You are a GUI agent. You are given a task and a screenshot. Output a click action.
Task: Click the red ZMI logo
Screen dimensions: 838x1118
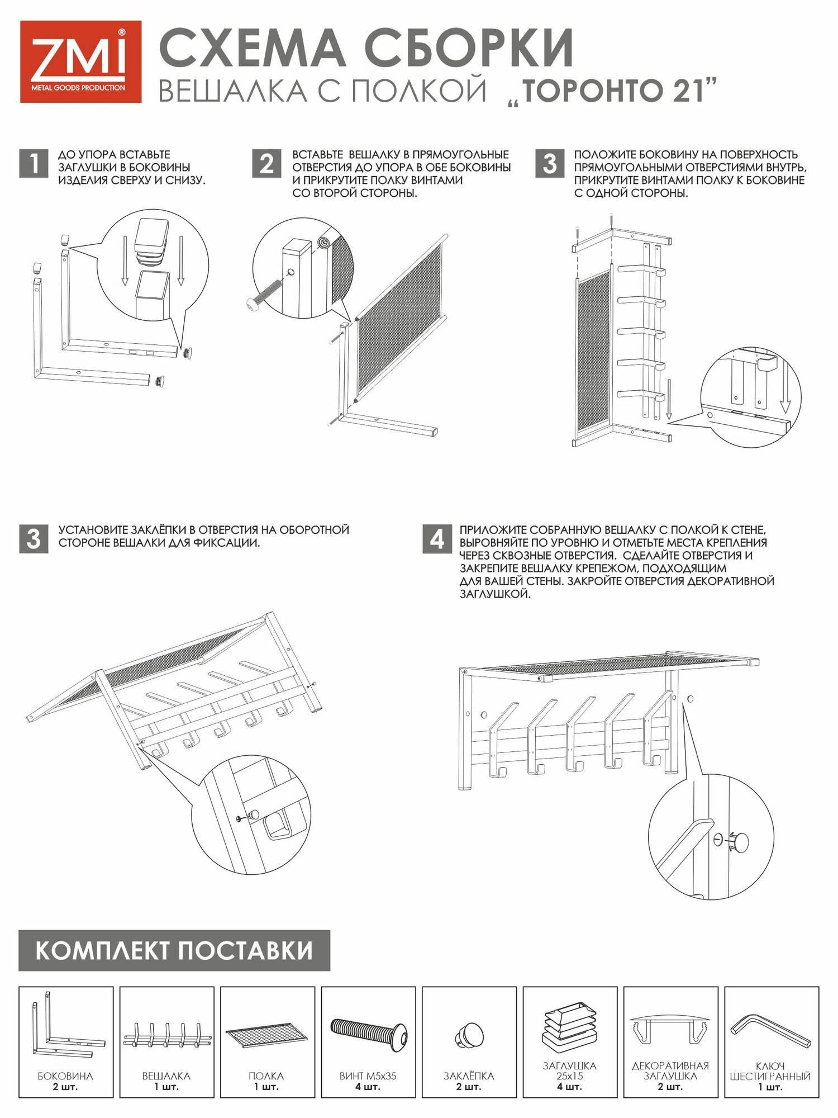pos(80,61)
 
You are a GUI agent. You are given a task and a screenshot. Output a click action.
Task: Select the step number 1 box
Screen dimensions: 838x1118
pos(34,163)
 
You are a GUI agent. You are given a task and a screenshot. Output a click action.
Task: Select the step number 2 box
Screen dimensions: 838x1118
pos(266,163)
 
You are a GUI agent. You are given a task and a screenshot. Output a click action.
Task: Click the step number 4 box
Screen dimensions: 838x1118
pos(437,539)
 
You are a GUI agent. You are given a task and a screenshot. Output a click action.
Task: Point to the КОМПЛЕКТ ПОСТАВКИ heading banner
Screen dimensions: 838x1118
pos(174,950)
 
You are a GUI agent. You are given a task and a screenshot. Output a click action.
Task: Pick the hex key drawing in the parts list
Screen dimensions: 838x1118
pos(770,1032)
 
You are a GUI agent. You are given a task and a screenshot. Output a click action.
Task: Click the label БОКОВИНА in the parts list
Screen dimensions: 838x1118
pos(65,1076)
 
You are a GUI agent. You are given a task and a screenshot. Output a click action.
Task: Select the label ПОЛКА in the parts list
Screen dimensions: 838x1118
pos(266,1076)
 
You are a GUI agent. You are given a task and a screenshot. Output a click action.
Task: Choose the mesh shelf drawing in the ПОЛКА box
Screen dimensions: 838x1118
pos(267,1035)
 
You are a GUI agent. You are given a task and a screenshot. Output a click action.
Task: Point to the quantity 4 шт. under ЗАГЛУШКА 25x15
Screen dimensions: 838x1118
pos(569,1087)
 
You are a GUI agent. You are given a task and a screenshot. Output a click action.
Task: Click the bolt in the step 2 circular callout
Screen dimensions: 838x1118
pos(266,291)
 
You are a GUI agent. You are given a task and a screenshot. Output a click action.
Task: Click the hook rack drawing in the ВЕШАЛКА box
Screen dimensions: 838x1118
pos(166,1035)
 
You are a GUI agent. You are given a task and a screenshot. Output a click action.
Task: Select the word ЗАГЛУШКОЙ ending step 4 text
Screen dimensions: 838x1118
pos(495,594)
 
